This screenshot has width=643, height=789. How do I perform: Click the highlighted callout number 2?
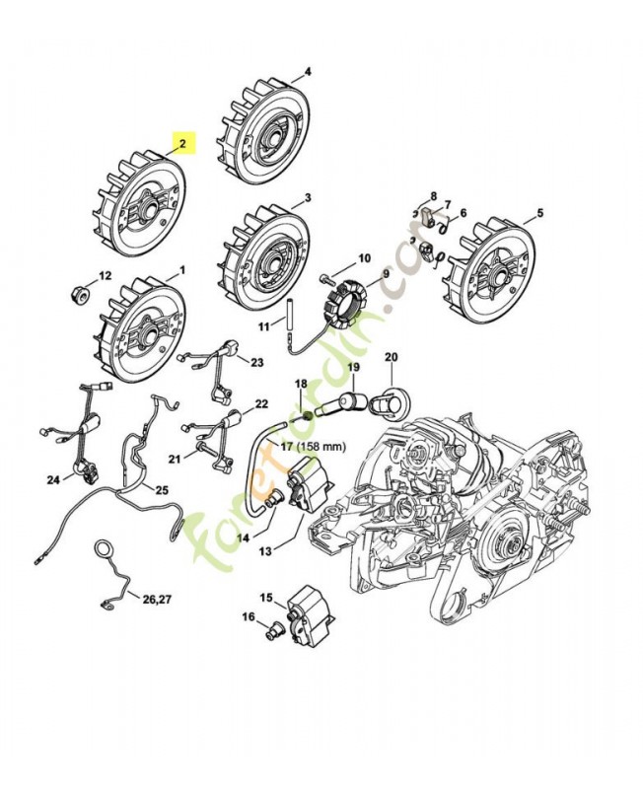[x=181, y=143]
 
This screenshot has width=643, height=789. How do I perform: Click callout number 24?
[x=53, y=479]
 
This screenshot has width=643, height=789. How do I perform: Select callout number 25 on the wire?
[x=162, y=490]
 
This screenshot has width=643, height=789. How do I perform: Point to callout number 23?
[x=256, y=363]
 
